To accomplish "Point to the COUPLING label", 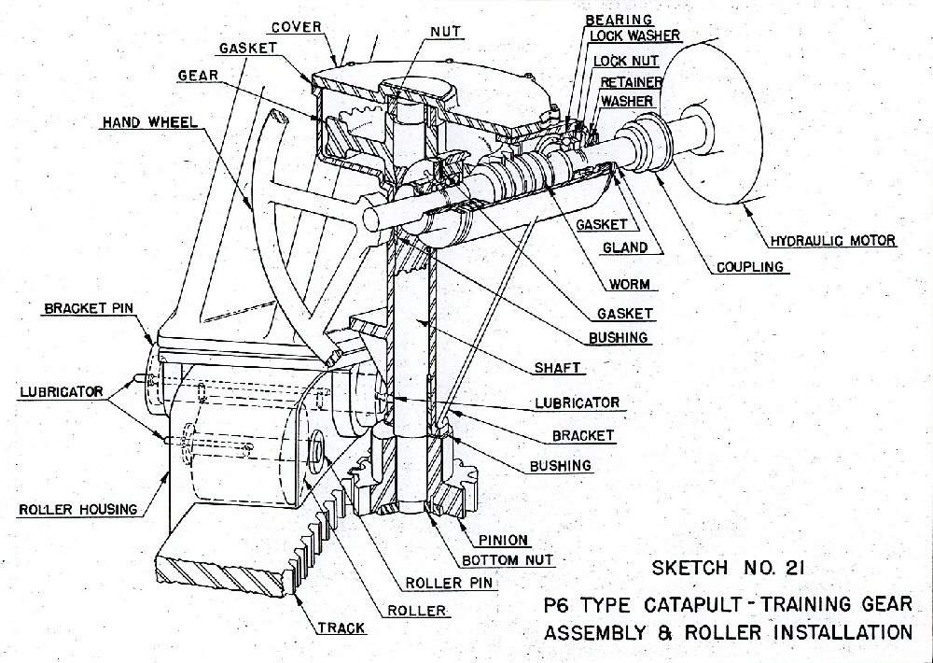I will (749, 266).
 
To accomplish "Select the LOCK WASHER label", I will (635, 36).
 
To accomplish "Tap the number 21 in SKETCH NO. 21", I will (775, 567).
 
